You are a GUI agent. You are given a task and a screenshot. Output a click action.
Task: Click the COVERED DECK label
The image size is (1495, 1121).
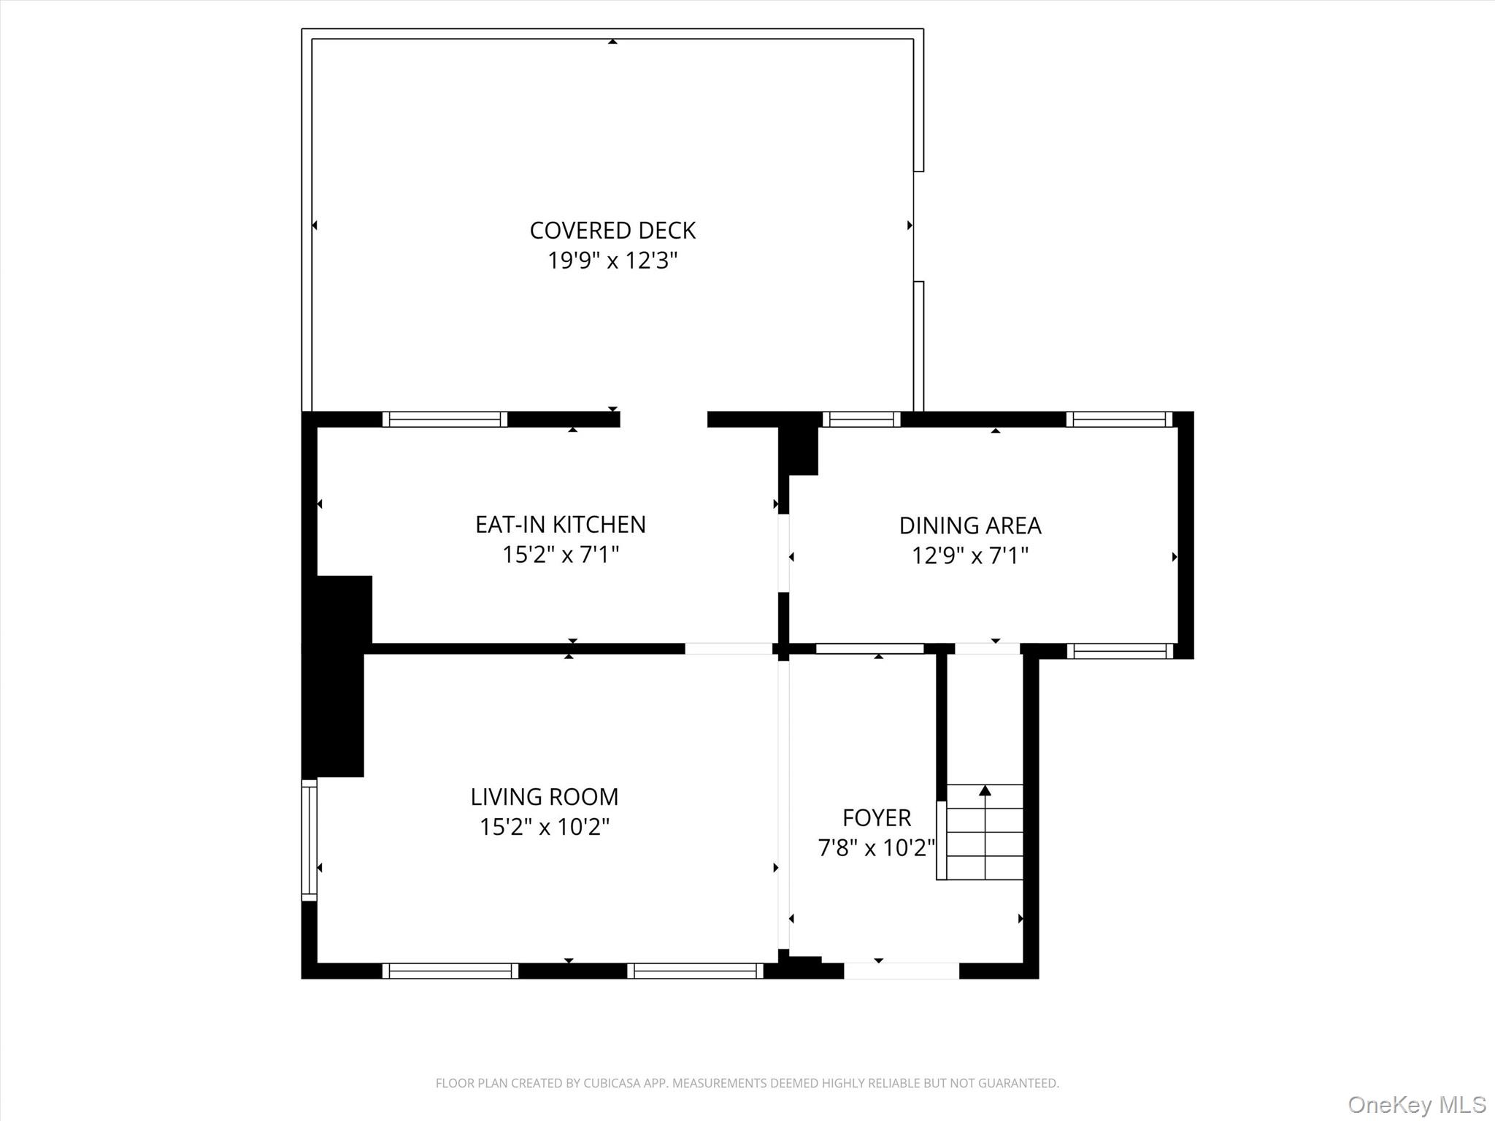[612, 231]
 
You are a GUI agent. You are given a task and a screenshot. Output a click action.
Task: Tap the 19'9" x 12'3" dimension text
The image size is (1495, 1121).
[612, 261]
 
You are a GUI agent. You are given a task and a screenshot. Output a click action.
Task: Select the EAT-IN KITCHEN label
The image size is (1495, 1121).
[560, 525]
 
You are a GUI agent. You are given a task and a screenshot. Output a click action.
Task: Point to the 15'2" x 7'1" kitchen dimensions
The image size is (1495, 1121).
[560, 555]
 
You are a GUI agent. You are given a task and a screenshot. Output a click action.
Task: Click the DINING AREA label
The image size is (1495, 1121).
[969, 525]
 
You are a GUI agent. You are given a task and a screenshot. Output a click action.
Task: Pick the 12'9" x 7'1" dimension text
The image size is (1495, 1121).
[969, 556]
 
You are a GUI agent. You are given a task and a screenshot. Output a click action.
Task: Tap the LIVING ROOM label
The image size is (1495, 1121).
[544, 796]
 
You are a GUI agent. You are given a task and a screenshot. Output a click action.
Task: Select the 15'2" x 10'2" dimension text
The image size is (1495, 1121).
[544, 827]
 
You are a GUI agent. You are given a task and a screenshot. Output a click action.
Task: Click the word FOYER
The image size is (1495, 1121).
[876, 817]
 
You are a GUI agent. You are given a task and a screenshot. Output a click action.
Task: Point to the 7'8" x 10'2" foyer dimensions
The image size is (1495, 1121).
[876, 848]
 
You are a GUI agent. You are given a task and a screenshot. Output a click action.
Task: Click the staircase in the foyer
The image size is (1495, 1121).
[984, 832]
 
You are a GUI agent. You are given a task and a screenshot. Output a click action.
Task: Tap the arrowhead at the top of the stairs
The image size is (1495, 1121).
[985, 790]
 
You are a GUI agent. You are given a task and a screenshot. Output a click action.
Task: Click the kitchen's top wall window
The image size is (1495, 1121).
[445, 419]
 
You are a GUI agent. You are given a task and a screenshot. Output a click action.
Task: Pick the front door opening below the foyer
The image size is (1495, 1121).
[902, 971]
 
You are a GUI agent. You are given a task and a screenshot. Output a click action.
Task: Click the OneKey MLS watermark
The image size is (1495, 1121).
[1416, 1104]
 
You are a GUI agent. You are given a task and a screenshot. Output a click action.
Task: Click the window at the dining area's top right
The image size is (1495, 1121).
[1119, 419]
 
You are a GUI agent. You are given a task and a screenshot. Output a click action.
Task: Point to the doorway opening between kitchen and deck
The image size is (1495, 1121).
[664, 419]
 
